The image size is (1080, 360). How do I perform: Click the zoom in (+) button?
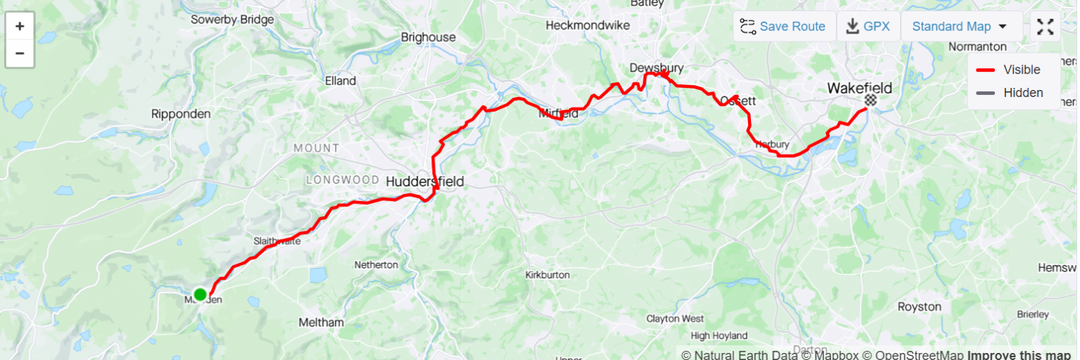click(20, 27)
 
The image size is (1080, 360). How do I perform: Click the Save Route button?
click(784, 27)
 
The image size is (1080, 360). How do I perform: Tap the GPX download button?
click(868, 27)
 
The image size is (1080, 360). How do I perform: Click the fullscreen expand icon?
click(1046, 27)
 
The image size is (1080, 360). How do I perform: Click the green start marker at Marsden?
click(200, 294)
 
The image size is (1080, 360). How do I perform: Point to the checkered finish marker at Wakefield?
click(871, 101)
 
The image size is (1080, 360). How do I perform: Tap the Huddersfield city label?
click(425, 182)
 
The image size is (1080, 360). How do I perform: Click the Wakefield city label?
click(859, 88)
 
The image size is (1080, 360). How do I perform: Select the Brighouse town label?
click(428, 37)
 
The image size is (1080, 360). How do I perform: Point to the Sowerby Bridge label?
click(232, 20)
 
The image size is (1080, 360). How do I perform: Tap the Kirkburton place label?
click(548, 275)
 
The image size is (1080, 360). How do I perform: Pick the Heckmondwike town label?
click(588, 25)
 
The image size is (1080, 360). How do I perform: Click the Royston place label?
click(919, 307)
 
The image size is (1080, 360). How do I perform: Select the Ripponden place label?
click(181, 114)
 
